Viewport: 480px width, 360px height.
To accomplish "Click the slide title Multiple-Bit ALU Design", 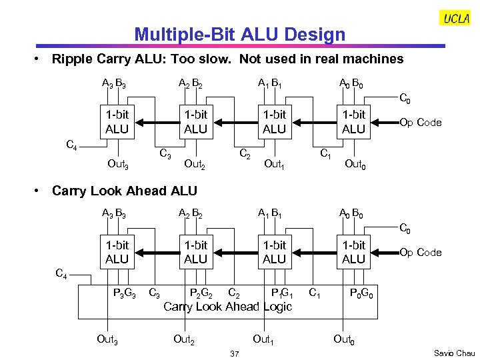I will point(240,35).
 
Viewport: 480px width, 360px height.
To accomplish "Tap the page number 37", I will point(234,353).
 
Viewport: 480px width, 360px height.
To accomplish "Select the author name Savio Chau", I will point(454,353).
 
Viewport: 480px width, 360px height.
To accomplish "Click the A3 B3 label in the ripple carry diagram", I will point(115,84).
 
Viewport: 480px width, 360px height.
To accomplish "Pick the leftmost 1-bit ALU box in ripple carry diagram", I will point(117,122).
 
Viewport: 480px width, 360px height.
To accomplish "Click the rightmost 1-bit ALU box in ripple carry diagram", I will point(353,122).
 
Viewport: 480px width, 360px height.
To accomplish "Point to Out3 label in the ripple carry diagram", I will point(118,165).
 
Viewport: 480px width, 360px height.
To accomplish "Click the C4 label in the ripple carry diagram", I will point(74,144).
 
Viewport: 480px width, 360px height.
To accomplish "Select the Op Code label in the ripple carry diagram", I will point(420,123).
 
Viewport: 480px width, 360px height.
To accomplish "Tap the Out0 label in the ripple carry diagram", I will point(354,165).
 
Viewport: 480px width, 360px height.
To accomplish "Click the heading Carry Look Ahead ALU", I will point(124,191).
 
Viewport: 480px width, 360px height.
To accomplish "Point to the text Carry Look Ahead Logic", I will point(227,307).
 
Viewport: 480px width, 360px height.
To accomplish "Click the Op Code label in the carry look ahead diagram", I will point(420,253).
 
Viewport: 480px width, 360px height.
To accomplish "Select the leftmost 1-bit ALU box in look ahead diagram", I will point(117,252).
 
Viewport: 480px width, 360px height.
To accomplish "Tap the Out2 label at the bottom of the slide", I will point(184,339).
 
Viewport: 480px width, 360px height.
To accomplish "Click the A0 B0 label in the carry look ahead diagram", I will point(351,214).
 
